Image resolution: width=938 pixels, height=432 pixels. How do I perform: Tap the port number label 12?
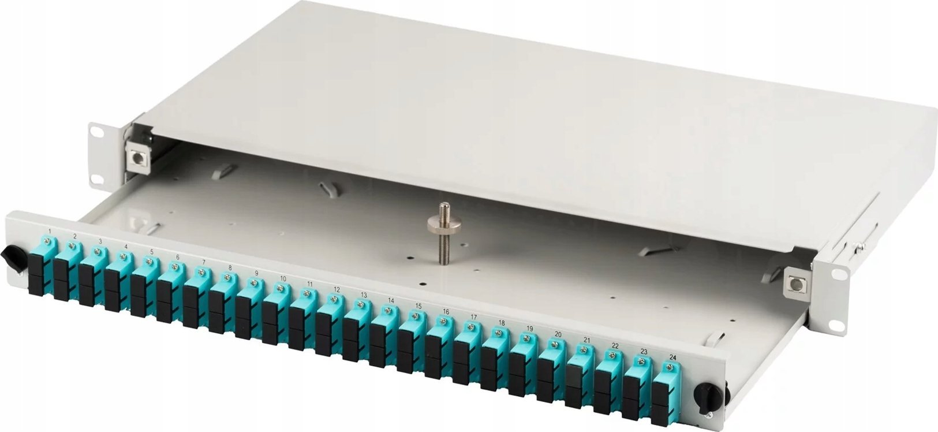[x=337, y=289]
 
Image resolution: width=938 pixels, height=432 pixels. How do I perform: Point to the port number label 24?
[x=672, y=357]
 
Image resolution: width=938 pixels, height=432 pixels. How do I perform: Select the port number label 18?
[x=502, y=323]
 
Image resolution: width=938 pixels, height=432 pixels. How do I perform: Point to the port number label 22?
[x=615, y=346]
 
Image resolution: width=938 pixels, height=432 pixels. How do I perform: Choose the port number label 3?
[x=100, y=241]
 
